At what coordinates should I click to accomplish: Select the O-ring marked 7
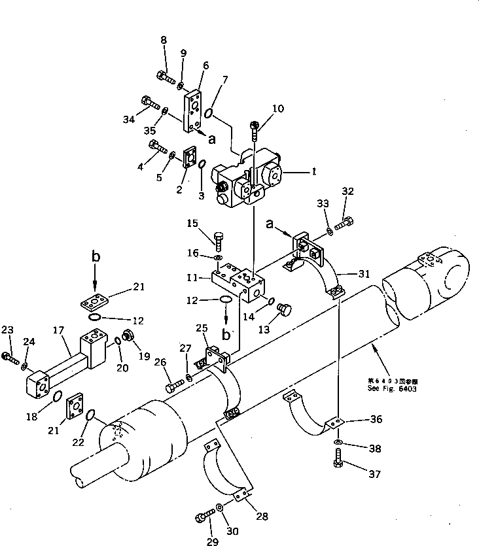tap(209, 114)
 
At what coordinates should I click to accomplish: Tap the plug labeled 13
tap(285, 308)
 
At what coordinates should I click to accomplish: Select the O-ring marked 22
tap(91, 415)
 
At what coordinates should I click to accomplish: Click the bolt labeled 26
tap(173, 386)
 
